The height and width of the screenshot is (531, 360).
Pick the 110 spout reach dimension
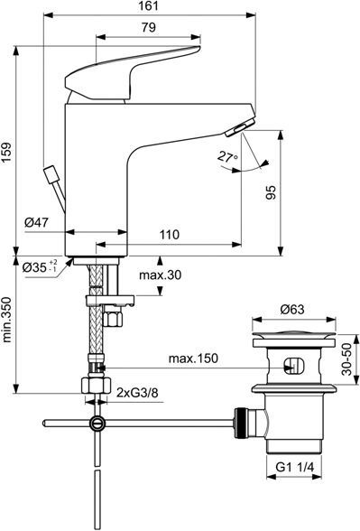(x=170, y=235)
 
